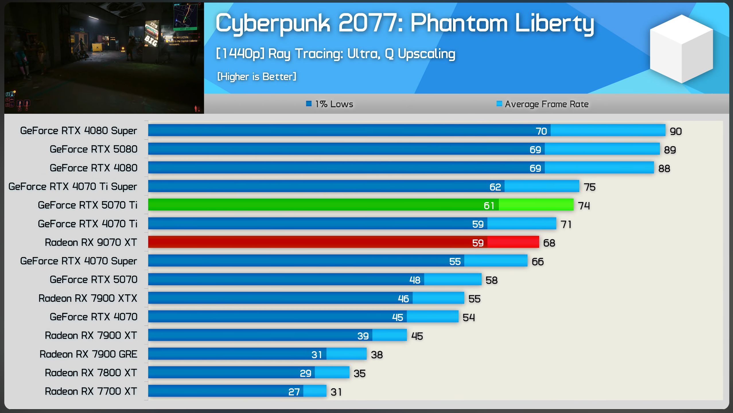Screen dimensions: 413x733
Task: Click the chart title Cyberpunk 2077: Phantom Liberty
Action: click(x=405, y=24)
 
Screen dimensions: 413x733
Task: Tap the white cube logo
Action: click(x=681, y=49)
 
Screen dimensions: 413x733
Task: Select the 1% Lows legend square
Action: click(x=309, y=104)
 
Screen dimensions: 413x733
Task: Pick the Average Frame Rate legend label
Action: click(x=547, y=104)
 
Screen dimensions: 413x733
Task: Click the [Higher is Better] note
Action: click(x=257, y=77)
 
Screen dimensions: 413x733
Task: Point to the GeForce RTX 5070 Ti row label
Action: click(x=88, y=205)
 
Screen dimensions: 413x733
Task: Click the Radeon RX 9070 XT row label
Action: click(x=91, y=242)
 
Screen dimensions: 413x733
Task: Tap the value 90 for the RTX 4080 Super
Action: click(x=676, y=131)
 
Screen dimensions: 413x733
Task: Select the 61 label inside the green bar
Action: click(x=489, y=205)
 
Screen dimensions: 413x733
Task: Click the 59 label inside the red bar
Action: click(x=478, y=243)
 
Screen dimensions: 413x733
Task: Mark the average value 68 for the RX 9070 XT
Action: click(x=549, y=243)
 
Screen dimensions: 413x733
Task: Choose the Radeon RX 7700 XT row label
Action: click(x=91, y=392)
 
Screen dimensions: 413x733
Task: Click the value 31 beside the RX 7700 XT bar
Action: click(x=336, y=392)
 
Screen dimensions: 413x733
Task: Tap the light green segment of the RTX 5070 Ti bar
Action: click(x=536, y=205)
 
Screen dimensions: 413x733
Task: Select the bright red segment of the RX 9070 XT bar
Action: click(x=513, y=242)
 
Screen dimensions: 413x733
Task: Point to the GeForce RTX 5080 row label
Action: click(x=94, y=149)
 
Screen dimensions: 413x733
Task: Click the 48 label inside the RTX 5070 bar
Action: click(x=415, y=280)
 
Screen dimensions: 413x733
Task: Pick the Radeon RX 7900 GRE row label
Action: click(x=88, y=354)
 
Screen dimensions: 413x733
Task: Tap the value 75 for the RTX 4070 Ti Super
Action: click(x=590, y=187)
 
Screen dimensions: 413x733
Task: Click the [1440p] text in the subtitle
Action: click(x=240, y=54)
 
